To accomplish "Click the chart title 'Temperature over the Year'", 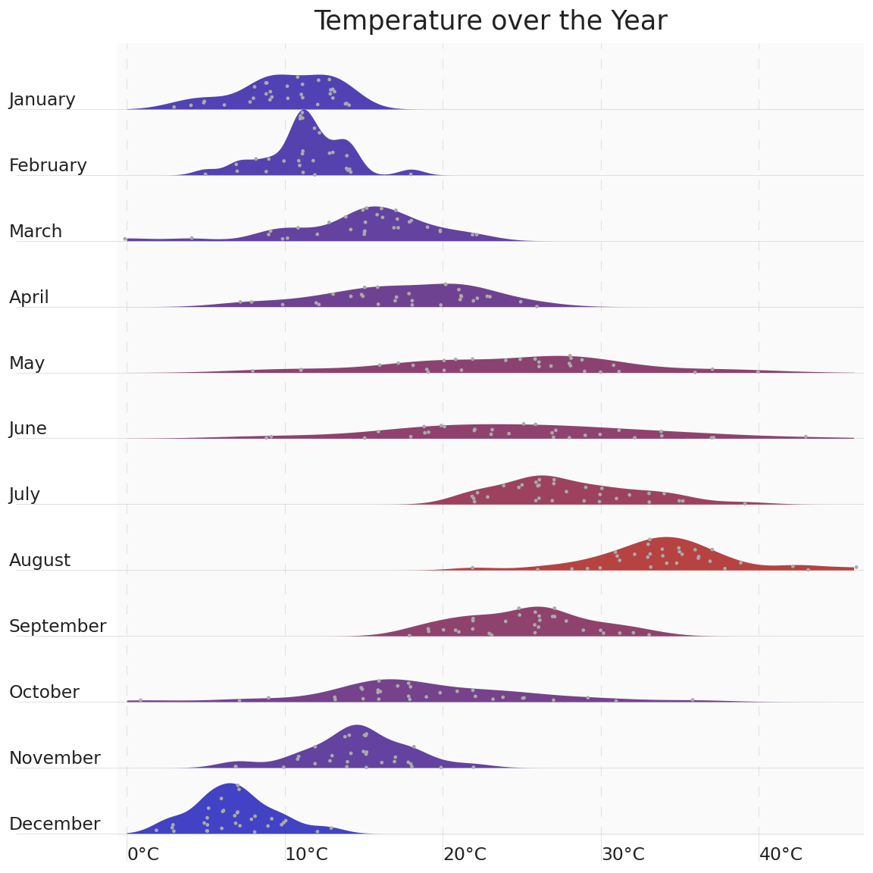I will pos(490,21).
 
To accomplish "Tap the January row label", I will pos(42,100).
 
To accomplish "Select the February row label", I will pos(48,166).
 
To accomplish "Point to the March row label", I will pos(36,232).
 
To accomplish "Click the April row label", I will pos(29,298).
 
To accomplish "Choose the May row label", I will pos(27,364).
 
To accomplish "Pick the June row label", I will pos(28,429).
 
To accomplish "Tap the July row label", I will pos(24,495).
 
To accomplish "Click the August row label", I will pos(39,561).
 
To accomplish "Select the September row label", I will pos(58,627).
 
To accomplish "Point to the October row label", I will pos(44,693).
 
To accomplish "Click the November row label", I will pos(55,759).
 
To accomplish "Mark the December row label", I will pos(55,824).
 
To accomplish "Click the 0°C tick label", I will pos(143,855).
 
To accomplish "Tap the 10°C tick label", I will pos(306,855).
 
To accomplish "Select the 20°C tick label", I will pos(465,855).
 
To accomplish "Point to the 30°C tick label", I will pos(623,855).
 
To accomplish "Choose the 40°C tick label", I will pos(781,855).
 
